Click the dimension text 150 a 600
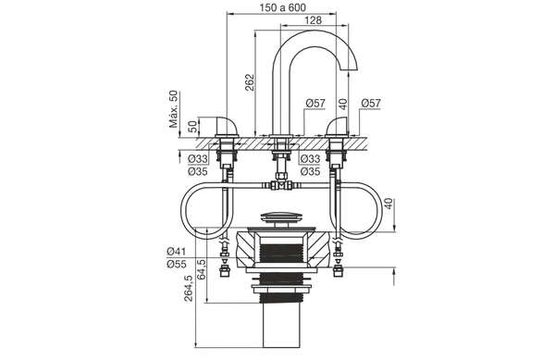pyautogui.click(x=282, y=8)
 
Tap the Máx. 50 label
pyautogui.click(x=173, y=109)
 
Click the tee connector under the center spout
pyautogui.click(x=281, y=185)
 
